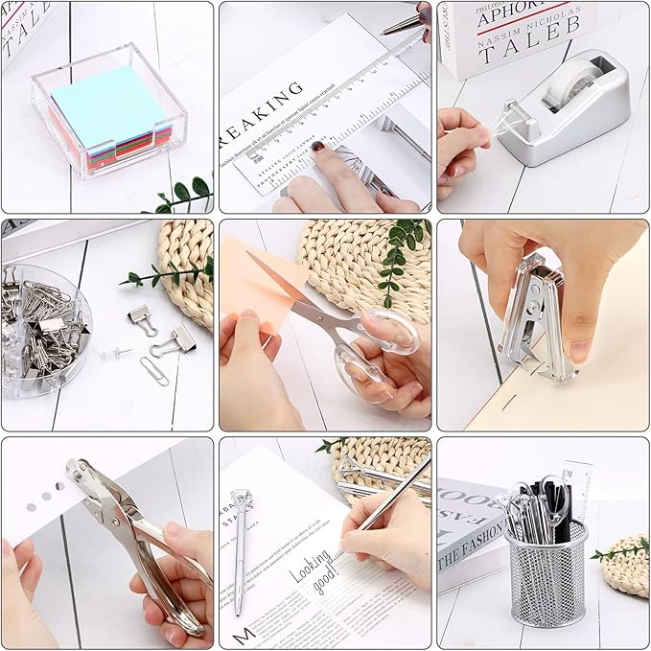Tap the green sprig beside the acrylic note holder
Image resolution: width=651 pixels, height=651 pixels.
coord(182,195)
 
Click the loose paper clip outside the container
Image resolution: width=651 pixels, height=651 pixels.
coord(152,370)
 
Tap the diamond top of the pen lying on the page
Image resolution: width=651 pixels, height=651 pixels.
coord(241,500)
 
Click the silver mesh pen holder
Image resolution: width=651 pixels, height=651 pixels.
coord(546,575)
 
